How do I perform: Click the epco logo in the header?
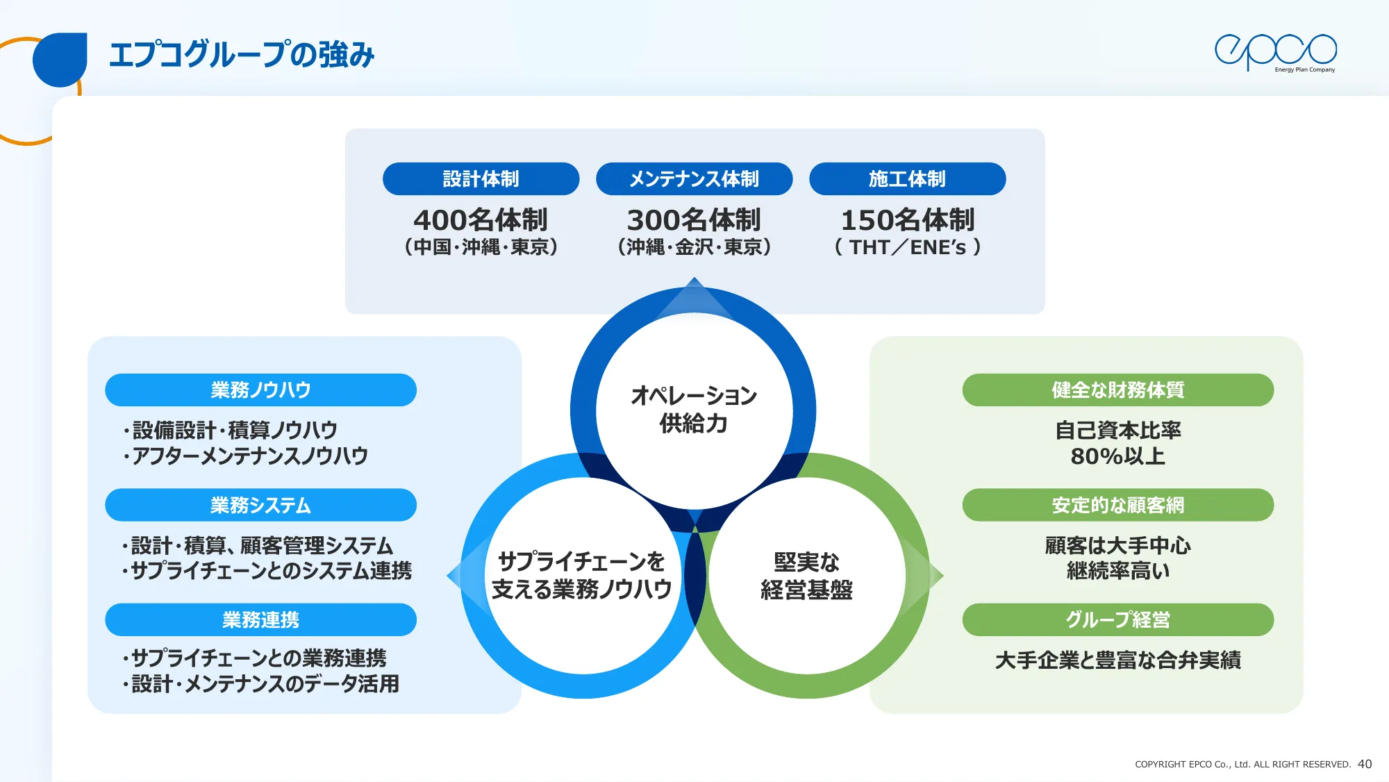pyautogui.click(x=1275, y=52)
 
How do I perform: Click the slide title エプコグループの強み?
pyautogui.click(x=242, y=55)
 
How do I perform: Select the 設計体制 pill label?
pyautogui.click(x=481, y=179)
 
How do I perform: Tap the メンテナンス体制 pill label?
pyautogui.click(x=694, y=179)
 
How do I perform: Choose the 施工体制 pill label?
pyautogui.click(x=907, y=179)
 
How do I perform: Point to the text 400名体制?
pyautogui.click(x=481, y=220)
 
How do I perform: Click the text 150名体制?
pyautogui.click(x=907, y=220)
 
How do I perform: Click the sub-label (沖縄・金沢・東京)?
pyautogui.click(x=694, y=247)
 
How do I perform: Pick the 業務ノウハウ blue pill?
pyautogui.click(x=260, y=390)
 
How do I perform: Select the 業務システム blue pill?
pyautogui.click(x=260, y=505)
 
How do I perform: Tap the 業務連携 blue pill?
pyautogui.click(x=260, y=619)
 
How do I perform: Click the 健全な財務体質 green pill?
pyautogui.click(x=1117, y=390)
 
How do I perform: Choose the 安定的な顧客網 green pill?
pyautogui.click(x=1117, y=505)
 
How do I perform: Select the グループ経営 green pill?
pyautogui.click(x=1117, y=619)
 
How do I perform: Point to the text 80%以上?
pyautogui.click(x=1117, y=456)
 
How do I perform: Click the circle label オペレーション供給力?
pyautogui.click(x=694, y=409)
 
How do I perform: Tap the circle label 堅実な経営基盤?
pyautogui.click(x=806, y=576)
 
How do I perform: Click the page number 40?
pyautogui.click(x=1364, y=764)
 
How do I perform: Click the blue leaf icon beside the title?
pyautogui.click(x=60, y=59)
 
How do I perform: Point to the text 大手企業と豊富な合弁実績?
pyautogui.click(x=1117, y=660)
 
